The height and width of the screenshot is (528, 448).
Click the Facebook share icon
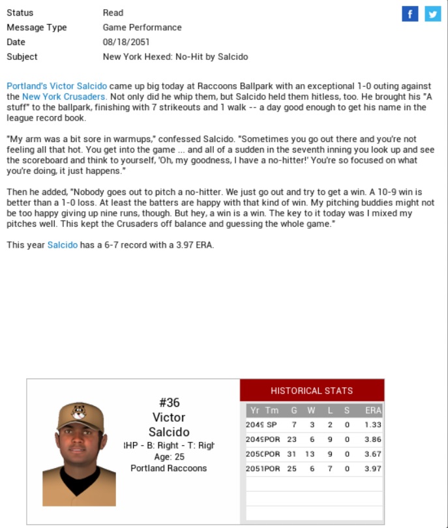pyautogui.click(x=410, y=14)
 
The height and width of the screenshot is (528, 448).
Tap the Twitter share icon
pyautogui.click(x=433, y=14)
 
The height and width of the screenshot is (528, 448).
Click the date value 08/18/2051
pyautogui.click(x=126, y=42)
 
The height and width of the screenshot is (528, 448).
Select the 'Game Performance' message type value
pyautogui.click(x=142, y=27)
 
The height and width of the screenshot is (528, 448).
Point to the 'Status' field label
pyautogui.click(x=20, y=13)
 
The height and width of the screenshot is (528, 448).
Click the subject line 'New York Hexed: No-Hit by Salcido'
pyautogui.click(x=175, y=57)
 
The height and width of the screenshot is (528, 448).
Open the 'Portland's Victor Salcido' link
pyautogui.click(x=57, y=86)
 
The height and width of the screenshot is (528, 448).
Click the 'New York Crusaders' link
pyautogui.click(x=64, y=96)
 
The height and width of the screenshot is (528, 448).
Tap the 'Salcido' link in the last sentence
pyautogui.click(x=62, y=245)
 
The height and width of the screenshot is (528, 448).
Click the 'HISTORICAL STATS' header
pyautogui.click(x=312, y=390)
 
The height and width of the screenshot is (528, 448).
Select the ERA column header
pyautogui.click(x=373, y=411)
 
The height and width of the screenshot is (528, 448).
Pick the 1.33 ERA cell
pyautogui.click(x=373, y=424)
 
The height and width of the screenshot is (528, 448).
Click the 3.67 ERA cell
pyautogui.click(x=373, y=454)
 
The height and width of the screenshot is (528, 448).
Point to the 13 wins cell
pyautogui.click(x=311, y=454)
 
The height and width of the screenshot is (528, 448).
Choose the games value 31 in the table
pyautogui.click(x=293, y=454)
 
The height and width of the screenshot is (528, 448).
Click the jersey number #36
pyautogui.click(x=169, y=402)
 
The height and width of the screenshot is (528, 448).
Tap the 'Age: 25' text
pyautogui.click(x=168, y=457)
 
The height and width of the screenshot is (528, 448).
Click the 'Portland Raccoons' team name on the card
pyautogui.click(x=168, y=468)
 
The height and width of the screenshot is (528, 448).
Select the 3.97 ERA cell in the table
pyautogui.click(x=373, y=469)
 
